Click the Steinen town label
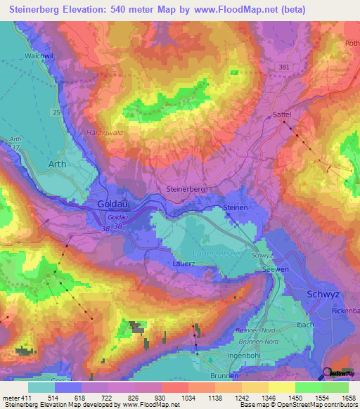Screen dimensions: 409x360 (236, 209)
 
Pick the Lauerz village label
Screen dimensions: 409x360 (184, 264)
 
